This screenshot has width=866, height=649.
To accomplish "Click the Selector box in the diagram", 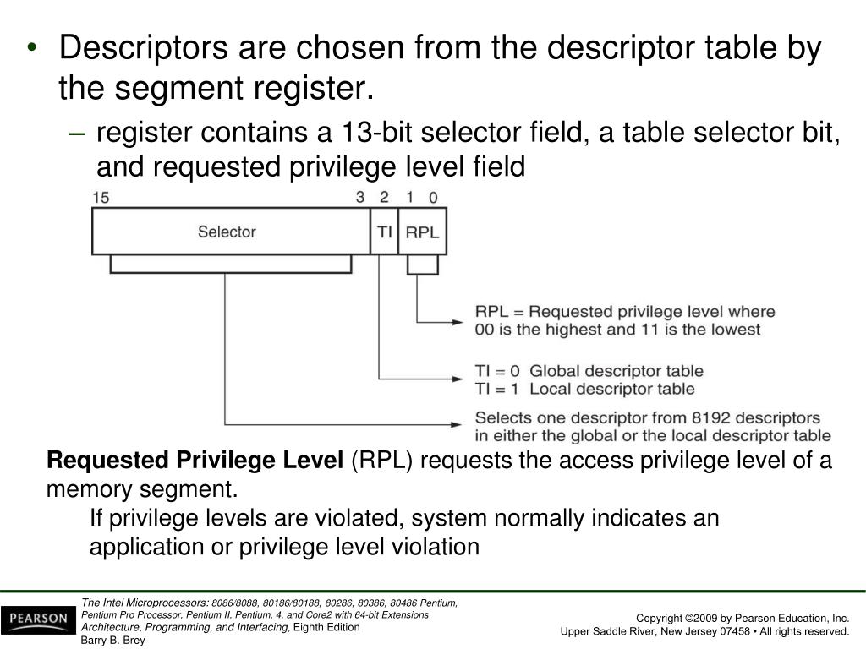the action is pyautogui.click(x=227, y=232).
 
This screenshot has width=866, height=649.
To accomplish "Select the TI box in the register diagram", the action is pyautogui.click(x=384, y=232).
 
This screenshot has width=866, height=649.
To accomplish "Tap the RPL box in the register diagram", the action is pyautogui.click(x=422, y=232).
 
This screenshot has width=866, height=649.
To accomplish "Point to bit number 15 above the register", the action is pyautogui.click(x=101, y=198).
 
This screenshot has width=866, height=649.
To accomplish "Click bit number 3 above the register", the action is pyautogui.click(x=360, y=198).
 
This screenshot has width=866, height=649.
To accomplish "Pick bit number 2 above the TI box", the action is pyautogui.click(x=384, y=198).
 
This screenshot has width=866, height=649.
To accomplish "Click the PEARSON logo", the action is pyautogui.click(x=37, y=619).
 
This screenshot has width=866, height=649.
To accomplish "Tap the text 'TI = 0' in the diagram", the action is pyautogui.click(x=499, y=371).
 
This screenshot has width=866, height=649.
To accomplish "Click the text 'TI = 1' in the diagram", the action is pyautogui.click(x=499, y=389).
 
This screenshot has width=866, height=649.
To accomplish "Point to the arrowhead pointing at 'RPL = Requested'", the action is pyautogui.click(x=459, y=321).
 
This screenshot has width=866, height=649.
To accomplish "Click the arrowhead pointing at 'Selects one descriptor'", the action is pyautogui.click(x=459, y=424).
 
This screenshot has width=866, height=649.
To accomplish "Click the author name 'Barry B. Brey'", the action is pyautogui.click(x=113, y=640).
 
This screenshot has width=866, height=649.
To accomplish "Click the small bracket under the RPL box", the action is pyautogui.click(x=423, y=266).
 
